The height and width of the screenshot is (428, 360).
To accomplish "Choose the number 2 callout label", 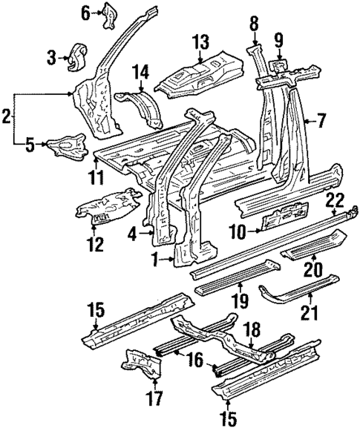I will [7, 116].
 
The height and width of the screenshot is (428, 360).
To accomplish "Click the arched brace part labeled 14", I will [141, 108].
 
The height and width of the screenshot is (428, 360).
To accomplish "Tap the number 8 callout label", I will [255, 24].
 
